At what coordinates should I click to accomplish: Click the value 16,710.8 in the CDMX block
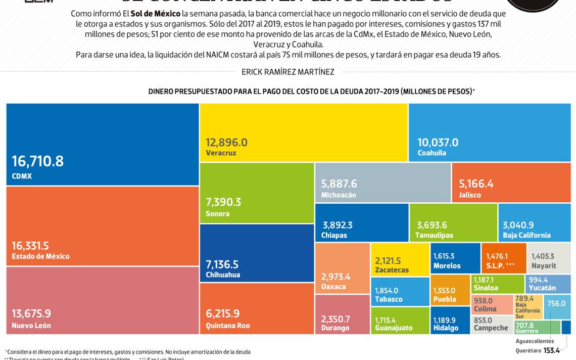[x=38, y=161]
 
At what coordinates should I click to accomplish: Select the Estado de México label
[x=40, y=256]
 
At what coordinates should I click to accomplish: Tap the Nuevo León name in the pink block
[x=31, y=326]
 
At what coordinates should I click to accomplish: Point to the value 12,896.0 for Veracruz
[x=226, y=143]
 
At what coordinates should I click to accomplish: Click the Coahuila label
[x=431, y=153]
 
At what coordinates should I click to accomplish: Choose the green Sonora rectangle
[x=257, y=193]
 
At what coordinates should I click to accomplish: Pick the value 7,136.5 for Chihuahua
[x=222, y=264]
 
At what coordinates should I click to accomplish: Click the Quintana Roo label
[x=227, y=326]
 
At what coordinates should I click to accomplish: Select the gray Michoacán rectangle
[x=382, y=183]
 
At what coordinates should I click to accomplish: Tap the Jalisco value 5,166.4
[x=476, y=184]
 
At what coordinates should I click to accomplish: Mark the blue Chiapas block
[x=361, y=222]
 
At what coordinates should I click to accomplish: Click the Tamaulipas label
[x=434, y=235]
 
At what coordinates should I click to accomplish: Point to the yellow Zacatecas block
[x=400, y=259]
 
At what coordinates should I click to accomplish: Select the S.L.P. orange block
[x=503, y=258]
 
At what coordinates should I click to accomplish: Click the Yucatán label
[x=542, y=288]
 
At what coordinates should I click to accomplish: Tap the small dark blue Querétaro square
[x=566, y=327]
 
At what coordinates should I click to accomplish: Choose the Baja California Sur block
[x=528, y=307]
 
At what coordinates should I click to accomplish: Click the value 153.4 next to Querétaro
[x=551, y=350]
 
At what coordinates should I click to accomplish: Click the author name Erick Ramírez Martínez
[x=287, y=72]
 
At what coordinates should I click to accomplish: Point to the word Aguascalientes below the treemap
[x=535, y=341]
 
